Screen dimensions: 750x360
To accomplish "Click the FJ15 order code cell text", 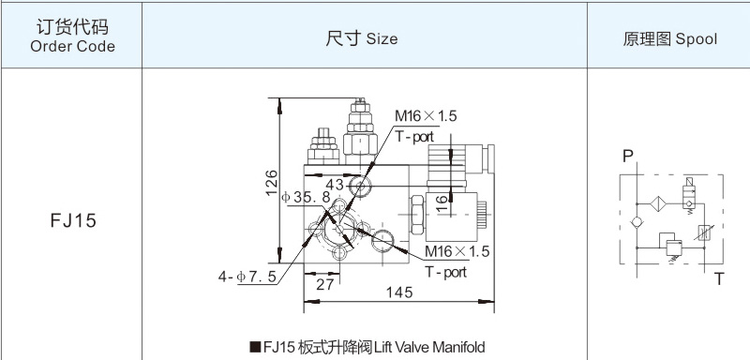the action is [73, 220].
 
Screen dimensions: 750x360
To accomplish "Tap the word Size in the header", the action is [382, 38].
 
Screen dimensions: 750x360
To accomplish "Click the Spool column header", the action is [669, 38].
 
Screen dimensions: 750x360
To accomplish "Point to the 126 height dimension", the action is [272, 182].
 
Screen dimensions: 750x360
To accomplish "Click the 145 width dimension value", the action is [399, 292].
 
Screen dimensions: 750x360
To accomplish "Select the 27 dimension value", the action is [324, 284].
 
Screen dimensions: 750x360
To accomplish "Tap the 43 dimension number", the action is [335, 184].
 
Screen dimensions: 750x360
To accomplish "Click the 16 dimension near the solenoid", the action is [442, 203].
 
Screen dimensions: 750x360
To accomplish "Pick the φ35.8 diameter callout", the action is [307, 197].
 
